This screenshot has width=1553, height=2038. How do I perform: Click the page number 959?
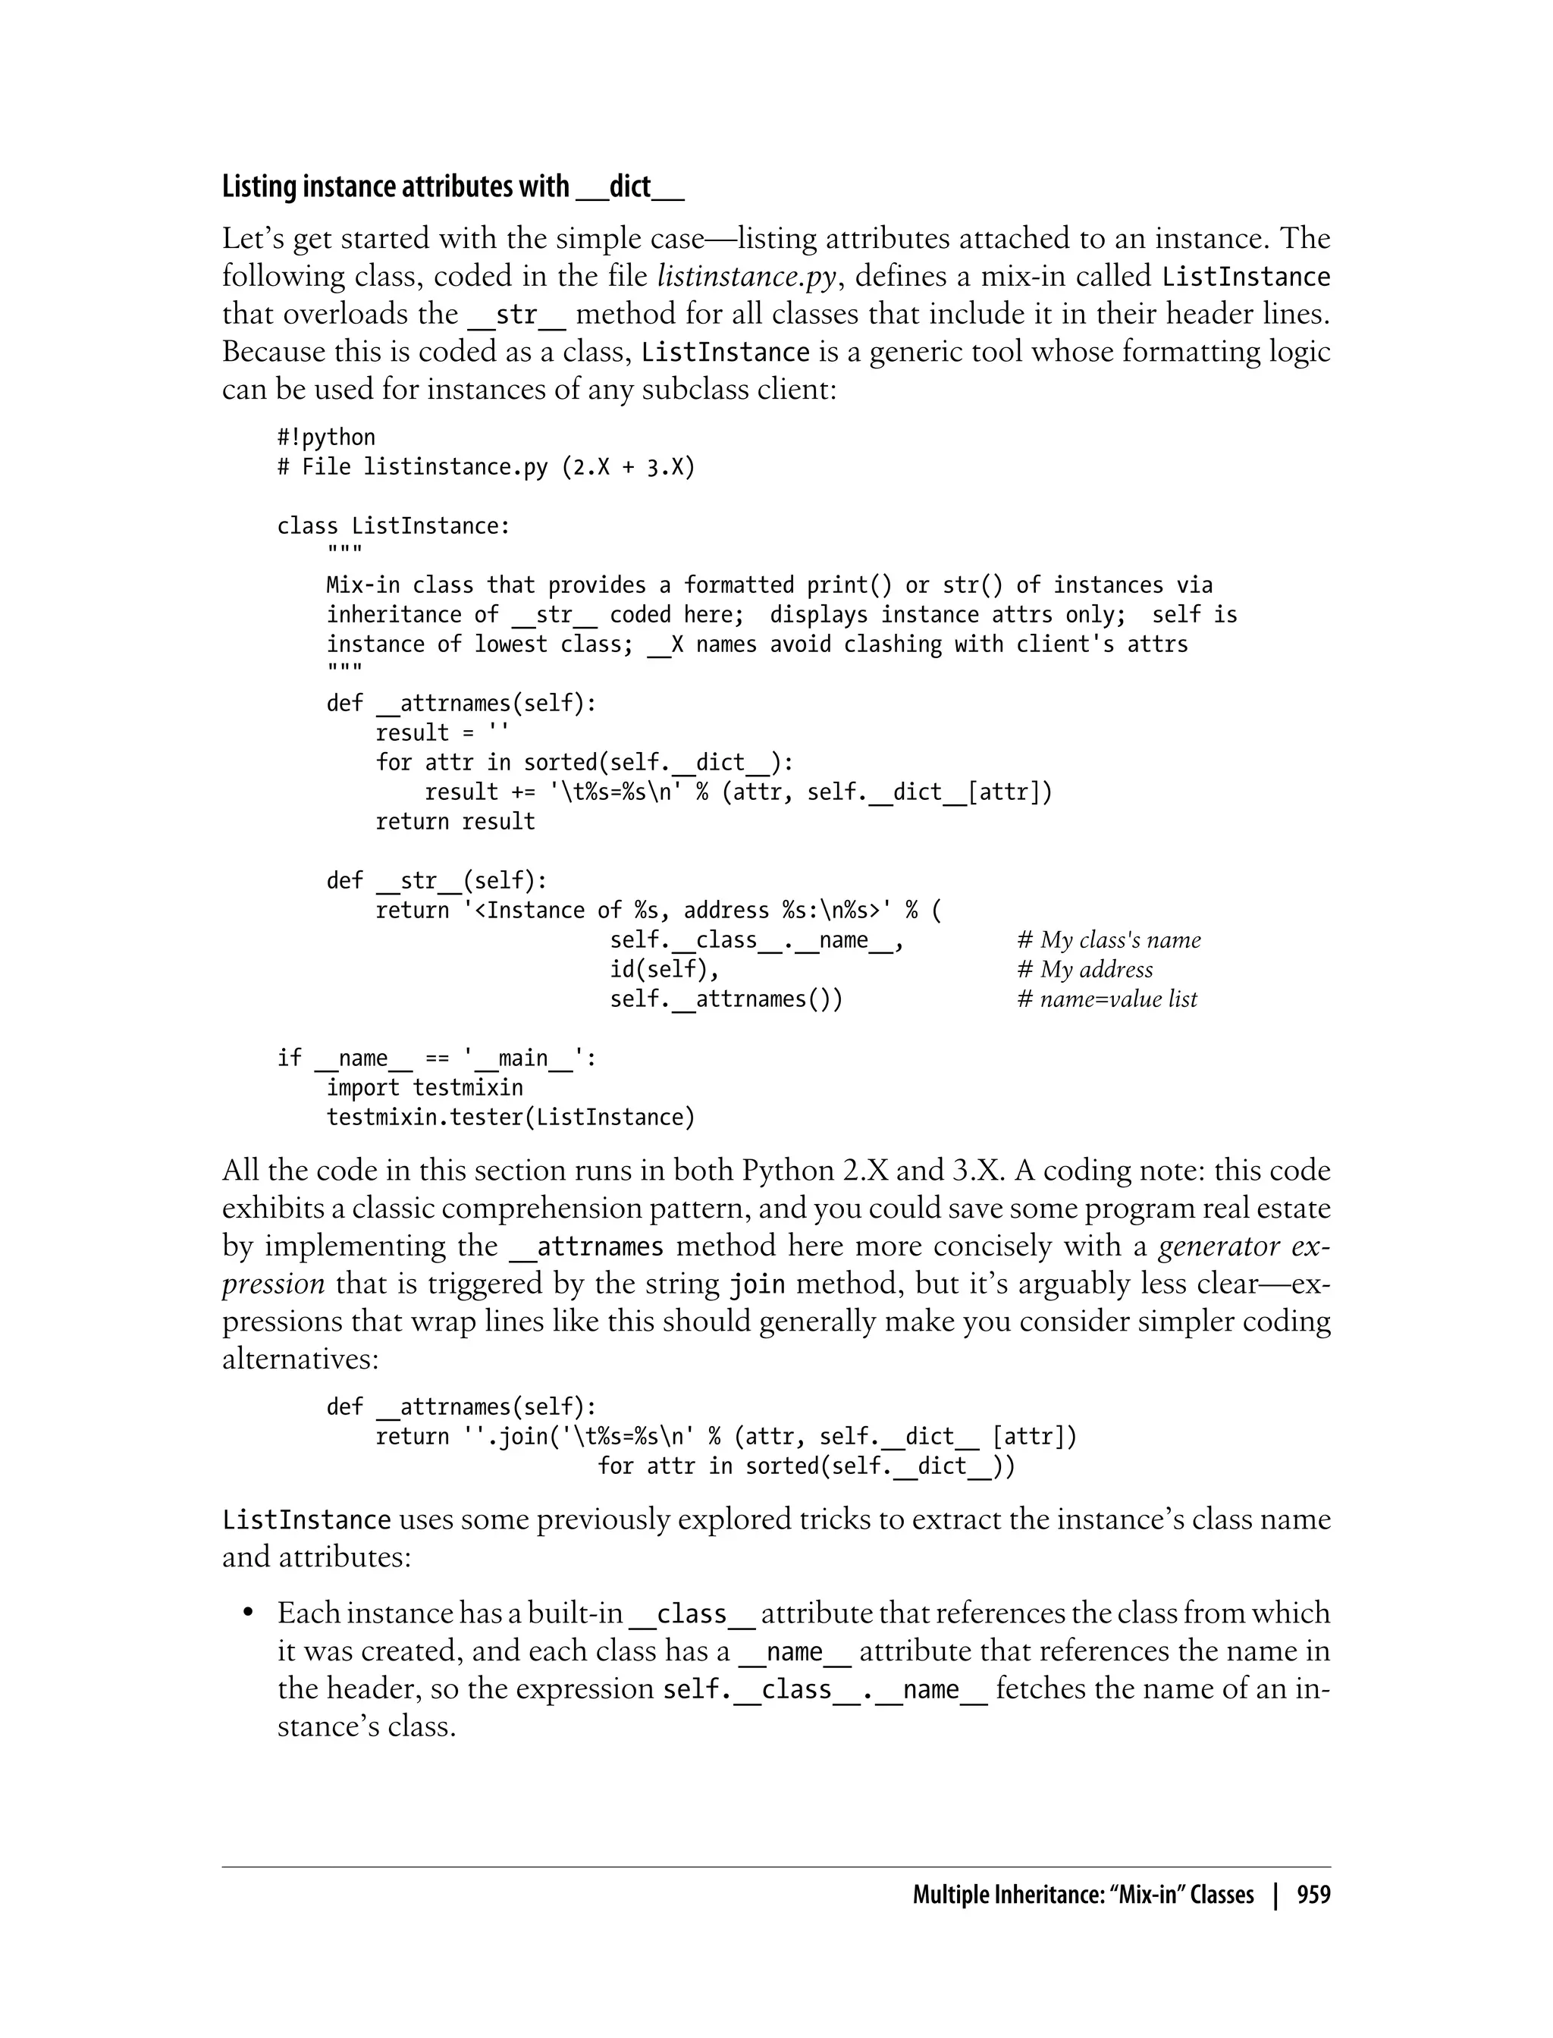click(1313, 1895)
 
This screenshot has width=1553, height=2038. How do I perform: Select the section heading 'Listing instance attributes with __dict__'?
click(452, 187)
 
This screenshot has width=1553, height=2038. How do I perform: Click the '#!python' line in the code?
click(325, 437)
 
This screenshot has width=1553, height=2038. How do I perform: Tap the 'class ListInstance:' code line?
click(393, 526)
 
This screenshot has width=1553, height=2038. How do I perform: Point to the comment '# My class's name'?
click(1109, 940)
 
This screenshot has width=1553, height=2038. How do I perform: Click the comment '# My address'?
click(1084, 970)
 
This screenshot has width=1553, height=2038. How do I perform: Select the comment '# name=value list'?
click(1106, 999)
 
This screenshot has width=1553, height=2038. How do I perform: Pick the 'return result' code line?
click(455, 822)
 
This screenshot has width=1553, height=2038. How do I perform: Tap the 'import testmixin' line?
click(425, 1088)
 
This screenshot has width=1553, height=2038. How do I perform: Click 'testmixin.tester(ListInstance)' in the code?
click(510, 1118)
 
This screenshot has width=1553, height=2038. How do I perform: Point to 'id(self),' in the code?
click(664, 970)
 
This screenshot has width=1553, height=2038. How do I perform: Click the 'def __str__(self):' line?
click(436, 881)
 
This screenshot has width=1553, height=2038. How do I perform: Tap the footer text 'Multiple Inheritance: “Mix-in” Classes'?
click(1083, 1895)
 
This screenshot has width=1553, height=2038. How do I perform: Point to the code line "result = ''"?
click(442, 733)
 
